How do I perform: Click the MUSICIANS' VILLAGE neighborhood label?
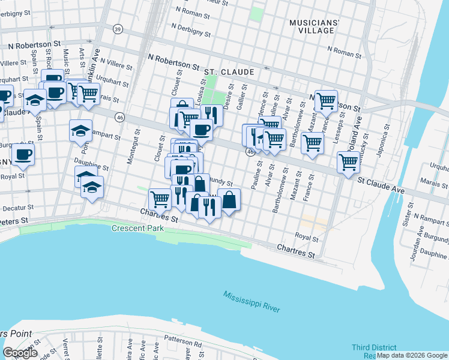pos(315,26)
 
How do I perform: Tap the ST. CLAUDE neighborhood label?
pos(229,72)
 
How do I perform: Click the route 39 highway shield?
pos(118,29)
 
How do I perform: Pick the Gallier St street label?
pos(244,96)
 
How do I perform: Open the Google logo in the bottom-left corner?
pos(20,352)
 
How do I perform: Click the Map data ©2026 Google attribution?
pos(412,355)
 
